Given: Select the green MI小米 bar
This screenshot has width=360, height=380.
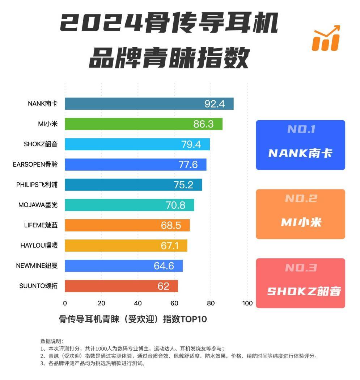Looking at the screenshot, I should (144, 124).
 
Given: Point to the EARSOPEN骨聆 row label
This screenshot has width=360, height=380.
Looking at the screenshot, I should (35, 165).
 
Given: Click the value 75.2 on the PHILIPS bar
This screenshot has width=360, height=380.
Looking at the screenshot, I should (183, 185).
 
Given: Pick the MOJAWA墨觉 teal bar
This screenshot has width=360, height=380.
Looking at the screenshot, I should (129, 205).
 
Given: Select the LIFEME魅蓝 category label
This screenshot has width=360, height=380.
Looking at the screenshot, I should (38, 226).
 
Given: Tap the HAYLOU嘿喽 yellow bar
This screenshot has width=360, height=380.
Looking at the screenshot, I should (126, 246).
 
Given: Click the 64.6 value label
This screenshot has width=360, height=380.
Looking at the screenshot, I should (164, 266).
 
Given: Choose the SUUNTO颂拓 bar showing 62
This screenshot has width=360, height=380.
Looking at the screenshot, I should (121, 286).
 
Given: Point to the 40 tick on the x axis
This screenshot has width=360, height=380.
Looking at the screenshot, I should (138, 303).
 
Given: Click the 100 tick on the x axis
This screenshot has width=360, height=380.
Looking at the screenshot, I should (247, 303).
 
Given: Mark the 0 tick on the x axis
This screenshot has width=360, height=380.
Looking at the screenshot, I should (65, 303).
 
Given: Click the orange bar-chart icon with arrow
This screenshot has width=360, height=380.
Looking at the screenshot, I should (326, 38).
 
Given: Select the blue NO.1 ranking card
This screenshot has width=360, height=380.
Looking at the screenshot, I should (300, 145).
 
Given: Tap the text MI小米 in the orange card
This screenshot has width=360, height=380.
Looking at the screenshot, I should (301, 222).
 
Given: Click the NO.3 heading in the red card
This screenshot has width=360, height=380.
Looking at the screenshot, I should (301, 268).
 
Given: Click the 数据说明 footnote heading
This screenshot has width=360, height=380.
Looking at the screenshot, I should (52, 341).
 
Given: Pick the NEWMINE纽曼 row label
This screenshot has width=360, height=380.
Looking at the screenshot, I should (37, 266).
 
